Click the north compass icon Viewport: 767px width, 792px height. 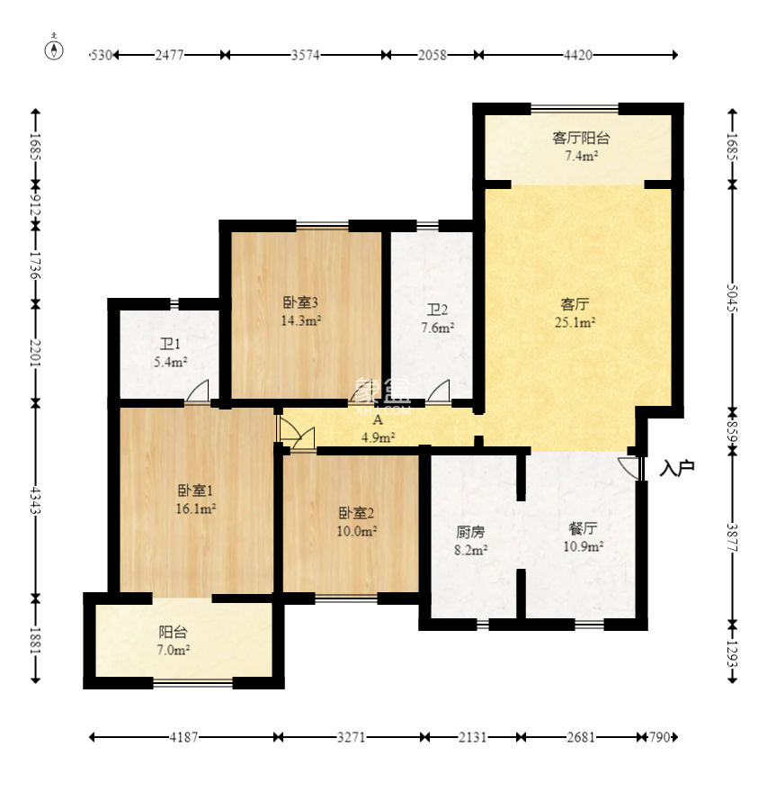pos(54,49)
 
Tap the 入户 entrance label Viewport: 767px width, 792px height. pos(677,469)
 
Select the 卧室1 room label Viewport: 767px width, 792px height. pos(195,490)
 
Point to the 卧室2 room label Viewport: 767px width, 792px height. pos(356,513)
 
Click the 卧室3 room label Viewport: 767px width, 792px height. pos(300,302)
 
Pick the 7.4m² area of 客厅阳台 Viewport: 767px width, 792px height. pos(581,156)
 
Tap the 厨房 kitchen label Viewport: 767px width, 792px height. pos(470,532)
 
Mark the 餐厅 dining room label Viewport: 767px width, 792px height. pos(584,528)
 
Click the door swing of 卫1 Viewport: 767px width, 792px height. pos(198,391)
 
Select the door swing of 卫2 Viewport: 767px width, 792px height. pos(439,391)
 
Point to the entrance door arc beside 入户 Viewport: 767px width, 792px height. pos(629,468)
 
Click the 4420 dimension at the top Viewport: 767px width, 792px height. pos(578,55)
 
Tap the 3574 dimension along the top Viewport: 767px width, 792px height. pos(306,55)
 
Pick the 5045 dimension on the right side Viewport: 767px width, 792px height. pos(732,298)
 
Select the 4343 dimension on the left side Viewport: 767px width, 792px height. pos(35,500)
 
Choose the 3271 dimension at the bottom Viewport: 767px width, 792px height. pos(352,737)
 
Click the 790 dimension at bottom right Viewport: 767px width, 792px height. pos(659,737)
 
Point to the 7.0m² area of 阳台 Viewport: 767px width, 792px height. pos(173,650)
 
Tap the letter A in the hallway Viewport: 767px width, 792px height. pos(378,419)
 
